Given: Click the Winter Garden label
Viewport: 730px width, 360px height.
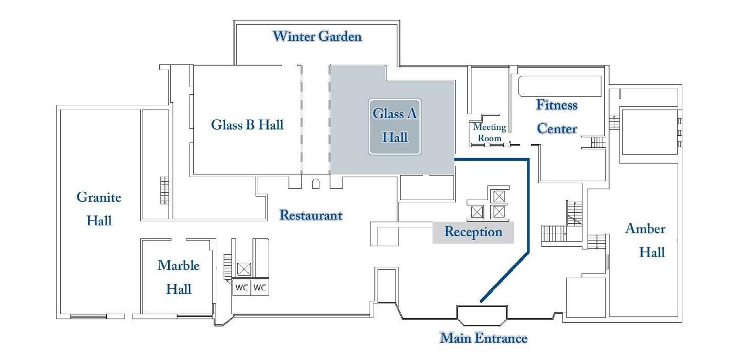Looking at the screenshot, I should click(x=317, y=37).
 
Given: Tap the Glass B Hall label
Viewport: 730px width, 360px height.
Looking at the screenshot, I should click(x=247, y=125).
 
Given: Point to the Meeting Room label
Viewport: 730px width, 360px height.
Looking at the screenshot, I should click(x=490, y=133).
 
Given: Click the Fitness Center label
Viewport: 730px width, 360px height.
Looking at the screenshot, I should click(x=557, y=116).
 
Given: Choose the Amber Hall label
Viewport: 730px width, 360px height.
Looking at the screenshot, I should click(x=646, y=241).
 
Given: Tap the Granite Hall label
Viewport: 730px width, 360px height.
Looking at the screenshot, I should click(x=99, y=209).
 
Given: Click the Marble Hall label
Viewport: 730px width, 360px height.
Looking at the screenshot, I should click(x=179, y=277).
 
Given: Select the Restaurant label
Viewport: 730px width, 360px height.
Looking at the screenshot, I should click(x=311, y=215).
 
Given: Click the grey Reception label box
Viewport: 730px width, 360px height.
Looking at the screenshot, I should click(x=473, y=232).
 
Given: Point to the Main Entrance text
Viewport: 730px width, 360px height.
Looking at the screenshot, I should click(x=483, y=338).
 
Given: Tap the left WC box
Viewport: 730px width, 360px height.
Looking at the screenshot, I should click(x=241, y=288).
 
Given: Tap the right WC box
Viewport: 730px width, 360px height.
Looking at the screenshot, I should click(x=260, y=288).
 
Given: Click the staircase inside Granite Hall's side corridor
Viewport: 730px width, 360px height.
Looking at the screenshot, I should click(x=165, y=190).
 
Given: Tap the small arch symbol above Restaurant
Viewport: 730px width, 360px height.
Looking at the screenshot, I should click(x=316, y=183).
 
